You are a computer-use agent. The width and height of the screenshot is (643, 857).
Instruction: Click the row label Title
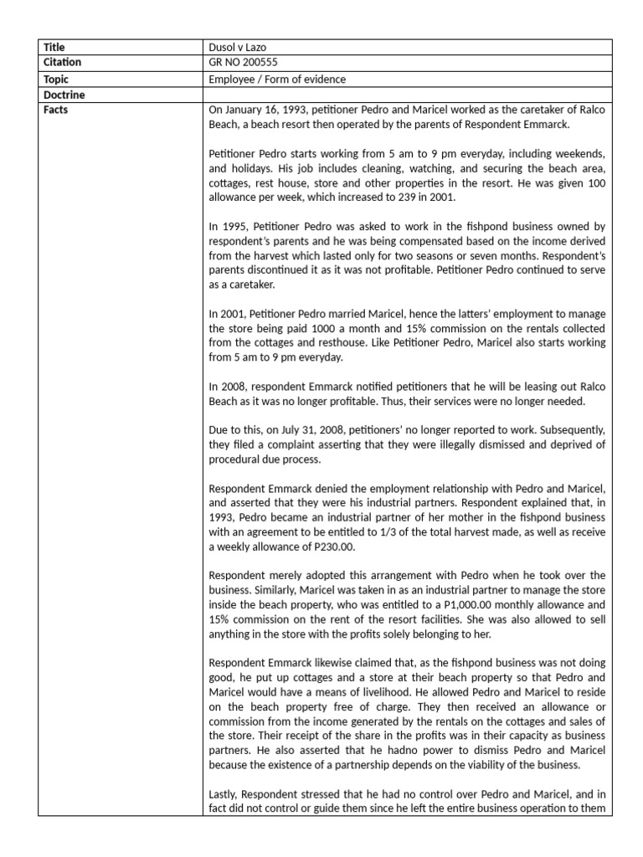[x=54, y=48]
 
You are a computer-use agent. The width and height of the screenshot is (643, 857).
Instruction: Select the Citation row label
[x=64, y=63]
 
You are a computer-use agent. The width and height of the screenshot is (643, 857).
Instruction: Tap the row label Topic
[x=57, y=79]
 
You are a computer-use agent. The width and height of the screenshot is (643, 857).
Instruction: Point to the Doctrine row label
[x=64, y=95]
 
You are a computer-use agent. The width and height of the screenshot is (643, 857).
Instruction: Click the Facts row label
[x=57, y=110]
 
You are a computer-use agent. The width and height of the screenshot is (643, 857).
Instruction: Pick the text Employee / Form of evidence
[x=277, y=79]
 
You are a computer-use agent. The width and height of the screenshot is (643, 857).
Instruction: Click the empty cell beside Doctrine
[x=410, y=95]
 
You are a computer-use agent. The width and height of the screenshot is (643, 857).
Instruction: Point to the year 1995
[x=232, y=227]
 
